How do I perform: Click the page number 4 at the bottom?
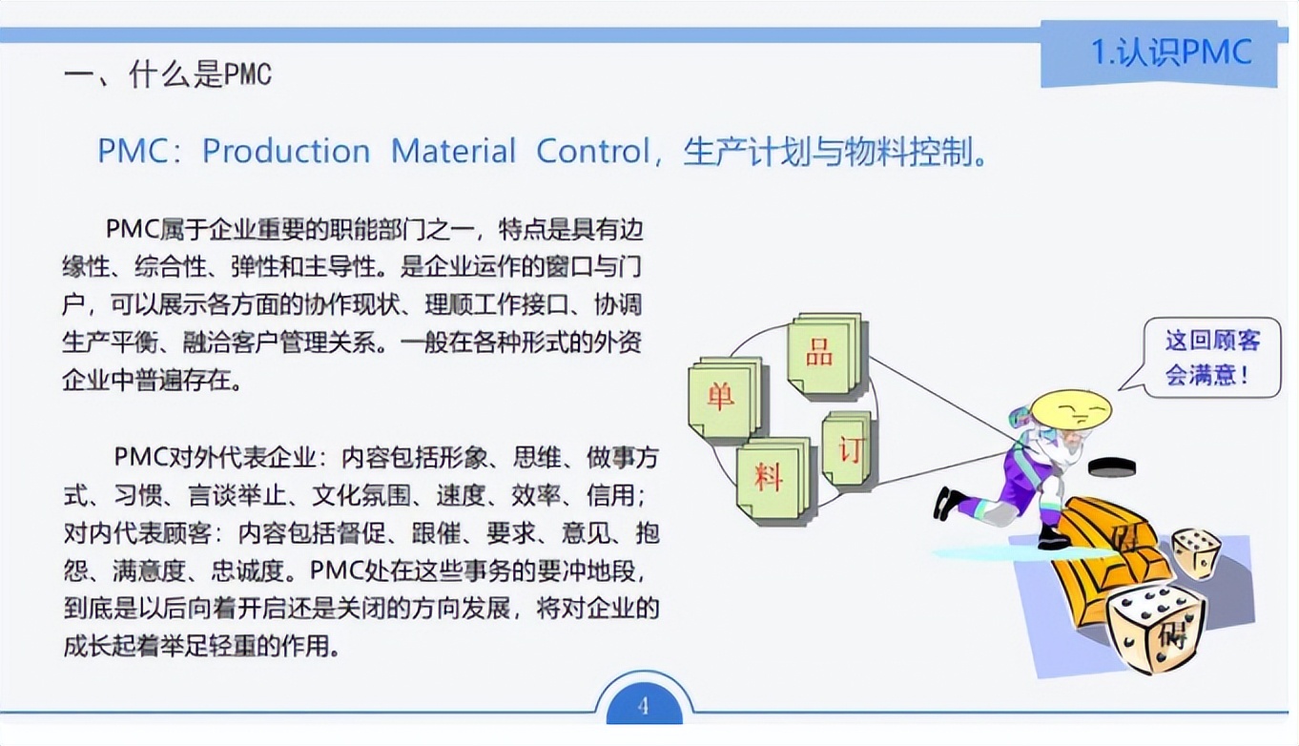tap(642, 707)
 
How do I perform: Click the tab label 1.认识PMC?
tap(1170, 52)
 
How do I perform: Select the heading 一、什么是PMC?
tap(168, 73)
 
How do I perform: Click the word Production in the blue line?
tap(286, 152)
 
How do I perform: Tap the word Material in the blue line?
tap(453, 152)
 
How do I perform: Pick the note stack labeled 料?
tap(772, 477)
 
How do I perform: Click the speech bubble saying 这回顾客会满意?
tap(1210, 357)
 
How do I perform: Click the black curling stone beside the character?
tap(1112, 466)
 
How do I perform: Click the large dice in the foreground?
tap(1154, 625)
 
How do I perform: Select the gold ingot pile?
tap(1097, 553)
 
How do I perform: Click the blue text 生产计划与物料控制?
tap(835, 152)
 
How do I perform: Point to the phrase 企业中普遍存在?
tap(151, 380)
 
